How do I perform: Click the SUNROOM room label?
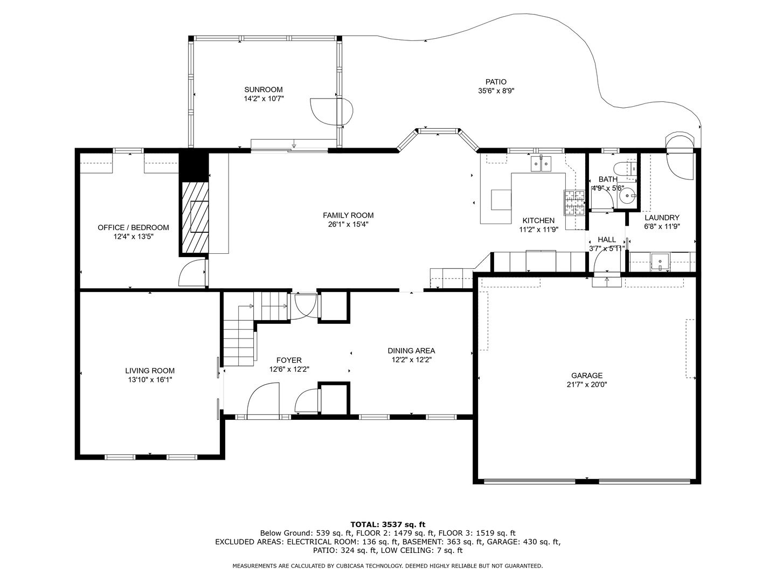(x=263, y=89)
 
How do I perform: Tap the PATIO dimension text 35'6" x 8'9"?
(x=496, y=91)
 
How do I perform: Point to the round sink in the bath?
(x=627, y=197)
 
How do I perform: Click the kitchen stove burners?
(x=574, y=203)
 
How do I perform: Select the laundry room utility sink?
(x=660, y=262)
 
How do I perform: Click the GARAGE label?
(x=587, y=376)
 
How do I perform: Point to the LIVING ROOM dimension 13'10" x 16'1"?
(x=150, y=380)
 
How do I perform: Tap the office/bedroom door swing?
(x=192, y=273)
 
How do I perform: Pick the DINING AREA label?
(x=411, y=351)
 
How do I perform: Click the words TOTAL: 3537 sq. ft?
(x=387, y=524)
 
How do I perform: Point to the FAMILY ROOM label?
(x=348, y=215)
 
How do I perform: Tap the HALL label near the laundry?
(x=606, y=240)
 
